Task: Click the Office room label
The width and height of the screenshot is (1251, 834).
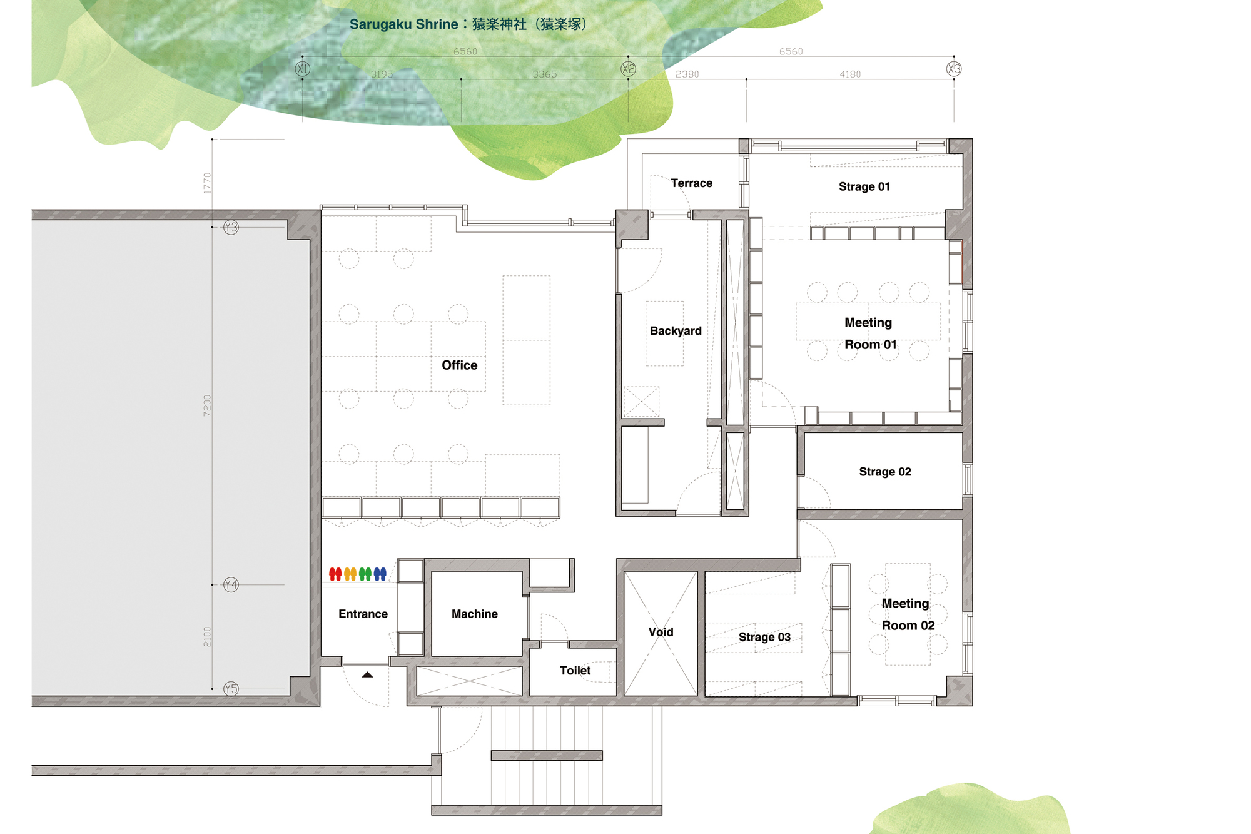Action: pyautogui.click(x=459, y=365)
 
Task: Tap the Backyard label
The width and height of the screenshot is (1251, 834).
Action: pyautogui.click(x=676, y=331)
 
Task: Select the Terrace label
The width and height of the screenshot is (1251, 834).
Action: pyautogui.click(x=691, y=183)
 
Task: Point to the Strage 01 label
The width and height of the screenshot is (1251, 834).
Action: pyautogui.click(x=864, y=186)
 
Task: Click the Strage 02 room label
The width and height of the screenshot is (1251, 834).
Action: pyautogui.click(x=884, y=472)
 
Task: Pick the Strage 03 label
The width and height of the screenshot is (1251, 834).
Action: pyautogui.click(x=764, y=637)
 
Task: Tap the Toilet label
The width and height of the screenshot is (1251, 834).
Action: pyautogui.click(x=575, y=670)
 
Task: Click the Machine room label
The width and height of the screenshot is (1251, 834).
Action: pyautogui.click(x=475, y=614)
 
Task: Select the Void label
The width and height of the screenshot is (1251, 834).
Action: pyautogui.click(x=661, y=632)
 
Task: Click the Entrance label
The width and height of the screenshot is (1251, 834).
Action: pyautogui.click(x=363, y=614)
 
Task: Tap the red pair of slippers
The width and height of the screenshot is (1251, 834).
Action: pyautogui.click(x=335, y=574)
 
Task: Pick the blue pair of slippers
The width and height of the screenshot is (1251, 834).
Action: pyautogui.click(x=380, y=574)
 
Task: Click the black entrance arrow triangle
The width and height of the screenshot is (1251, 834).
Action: pyautogui.click(x=367, y=674)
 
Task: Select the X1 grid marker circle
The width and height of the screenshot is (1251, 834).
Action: pyautogui.click(x=303, y=69)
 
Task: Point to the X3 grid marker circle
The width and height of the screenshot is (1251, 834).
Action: pyautogui.click(x=954, y=69)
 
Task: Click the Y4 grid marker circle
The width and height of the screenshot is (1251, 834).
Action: pyautogui.click(x=231, y=584)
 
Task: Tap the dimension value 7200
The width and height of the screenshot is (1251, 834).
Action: pyautogui.click(x=207, y=405)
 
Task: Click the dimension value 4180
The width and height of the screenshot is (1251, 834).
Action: pyautogui.click(x=850, y=74)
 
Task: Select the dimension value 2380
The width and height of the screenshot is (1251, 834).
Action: pyautogui.click(x=687, y=74)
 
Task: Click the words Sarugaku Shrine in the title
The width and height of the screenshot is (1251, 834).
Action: pyautogui.click(x=403, y=24)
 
